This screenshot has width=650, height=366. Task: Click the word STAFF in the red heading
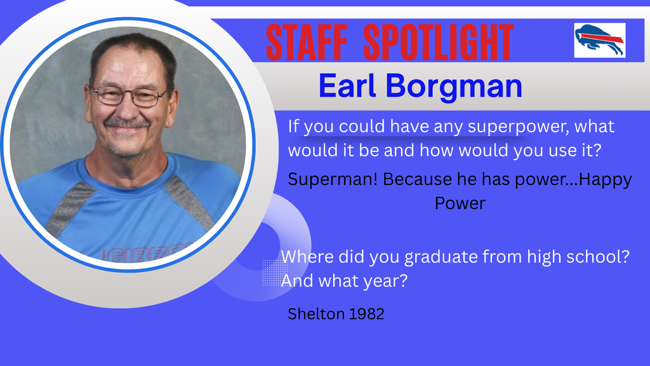306,43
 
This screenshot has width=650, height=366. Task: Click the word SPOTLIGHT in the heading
438,43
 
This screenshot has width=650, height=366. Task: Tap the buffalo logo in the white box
600,40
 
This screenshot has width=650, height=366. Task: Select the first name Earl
347,86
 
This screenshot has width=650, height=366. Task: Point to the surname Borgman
454,87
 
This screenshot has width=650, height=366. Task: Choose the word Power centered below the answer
460,203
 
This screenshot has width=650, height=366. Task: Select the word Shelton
316,314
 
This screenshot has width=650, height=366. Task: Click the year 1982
367,314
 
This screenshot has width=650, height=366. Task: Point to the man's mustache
127,123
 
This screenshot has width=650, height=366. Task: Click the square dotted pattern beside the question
275,273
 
